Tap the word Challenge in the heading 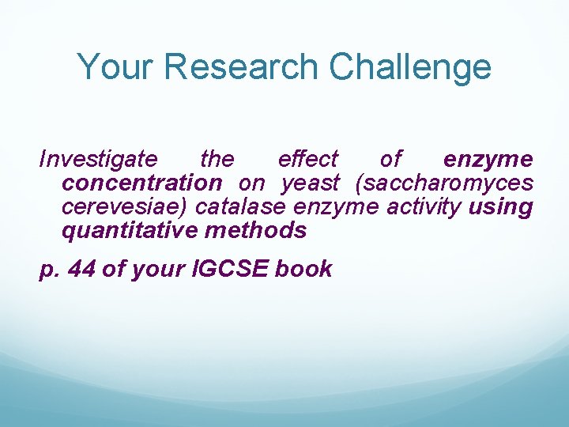410,68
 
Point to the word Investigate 99,160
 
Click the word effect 308,160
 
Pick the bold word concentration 142,183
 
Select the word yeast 311,183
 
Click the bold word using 501,207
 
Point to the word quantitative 130,231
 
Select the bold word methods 255,231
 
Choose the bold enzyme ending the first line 488,160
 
